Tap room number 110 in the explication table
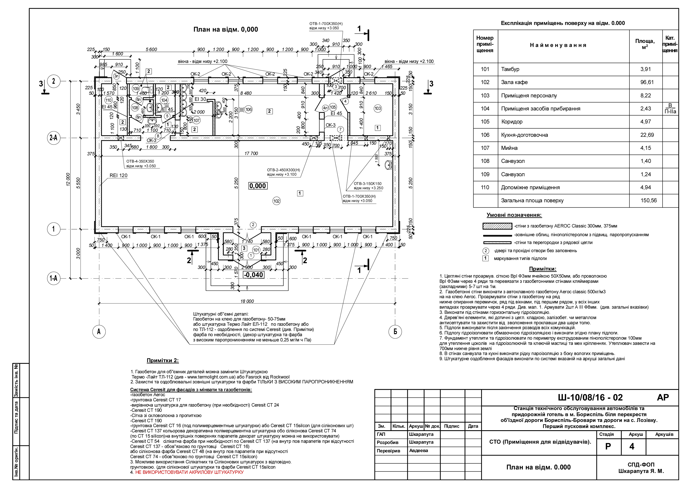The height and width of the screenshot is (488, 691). [485, 187]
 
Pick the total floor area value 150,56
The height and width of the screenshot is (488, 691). [649, 200]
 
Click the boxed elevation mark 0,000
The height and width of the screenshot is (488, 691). [258, 186]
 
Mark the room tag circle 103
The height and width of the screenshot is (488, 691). [378, 108]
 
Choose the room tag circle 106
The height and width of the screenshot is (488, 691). [248, 110]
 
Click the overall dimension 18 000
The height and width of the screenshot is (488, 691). [247, 301]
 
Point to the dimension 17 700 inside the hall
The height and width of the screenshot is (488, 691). [251, 153]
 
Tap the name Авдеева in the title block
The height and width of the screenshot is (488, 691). [419, 450]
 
